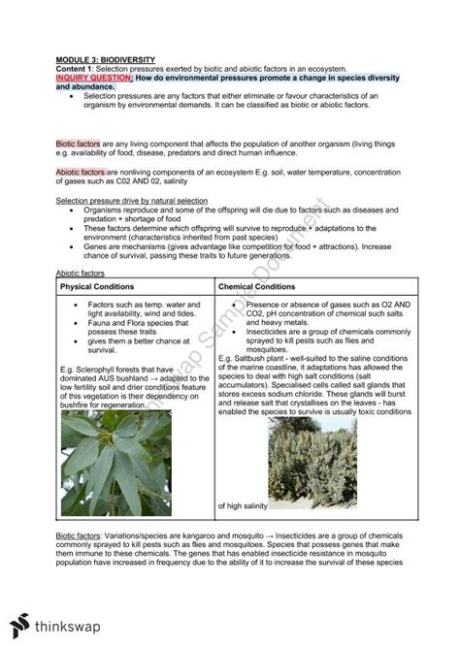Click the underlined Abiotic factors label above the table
click(x=79, y=275)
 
